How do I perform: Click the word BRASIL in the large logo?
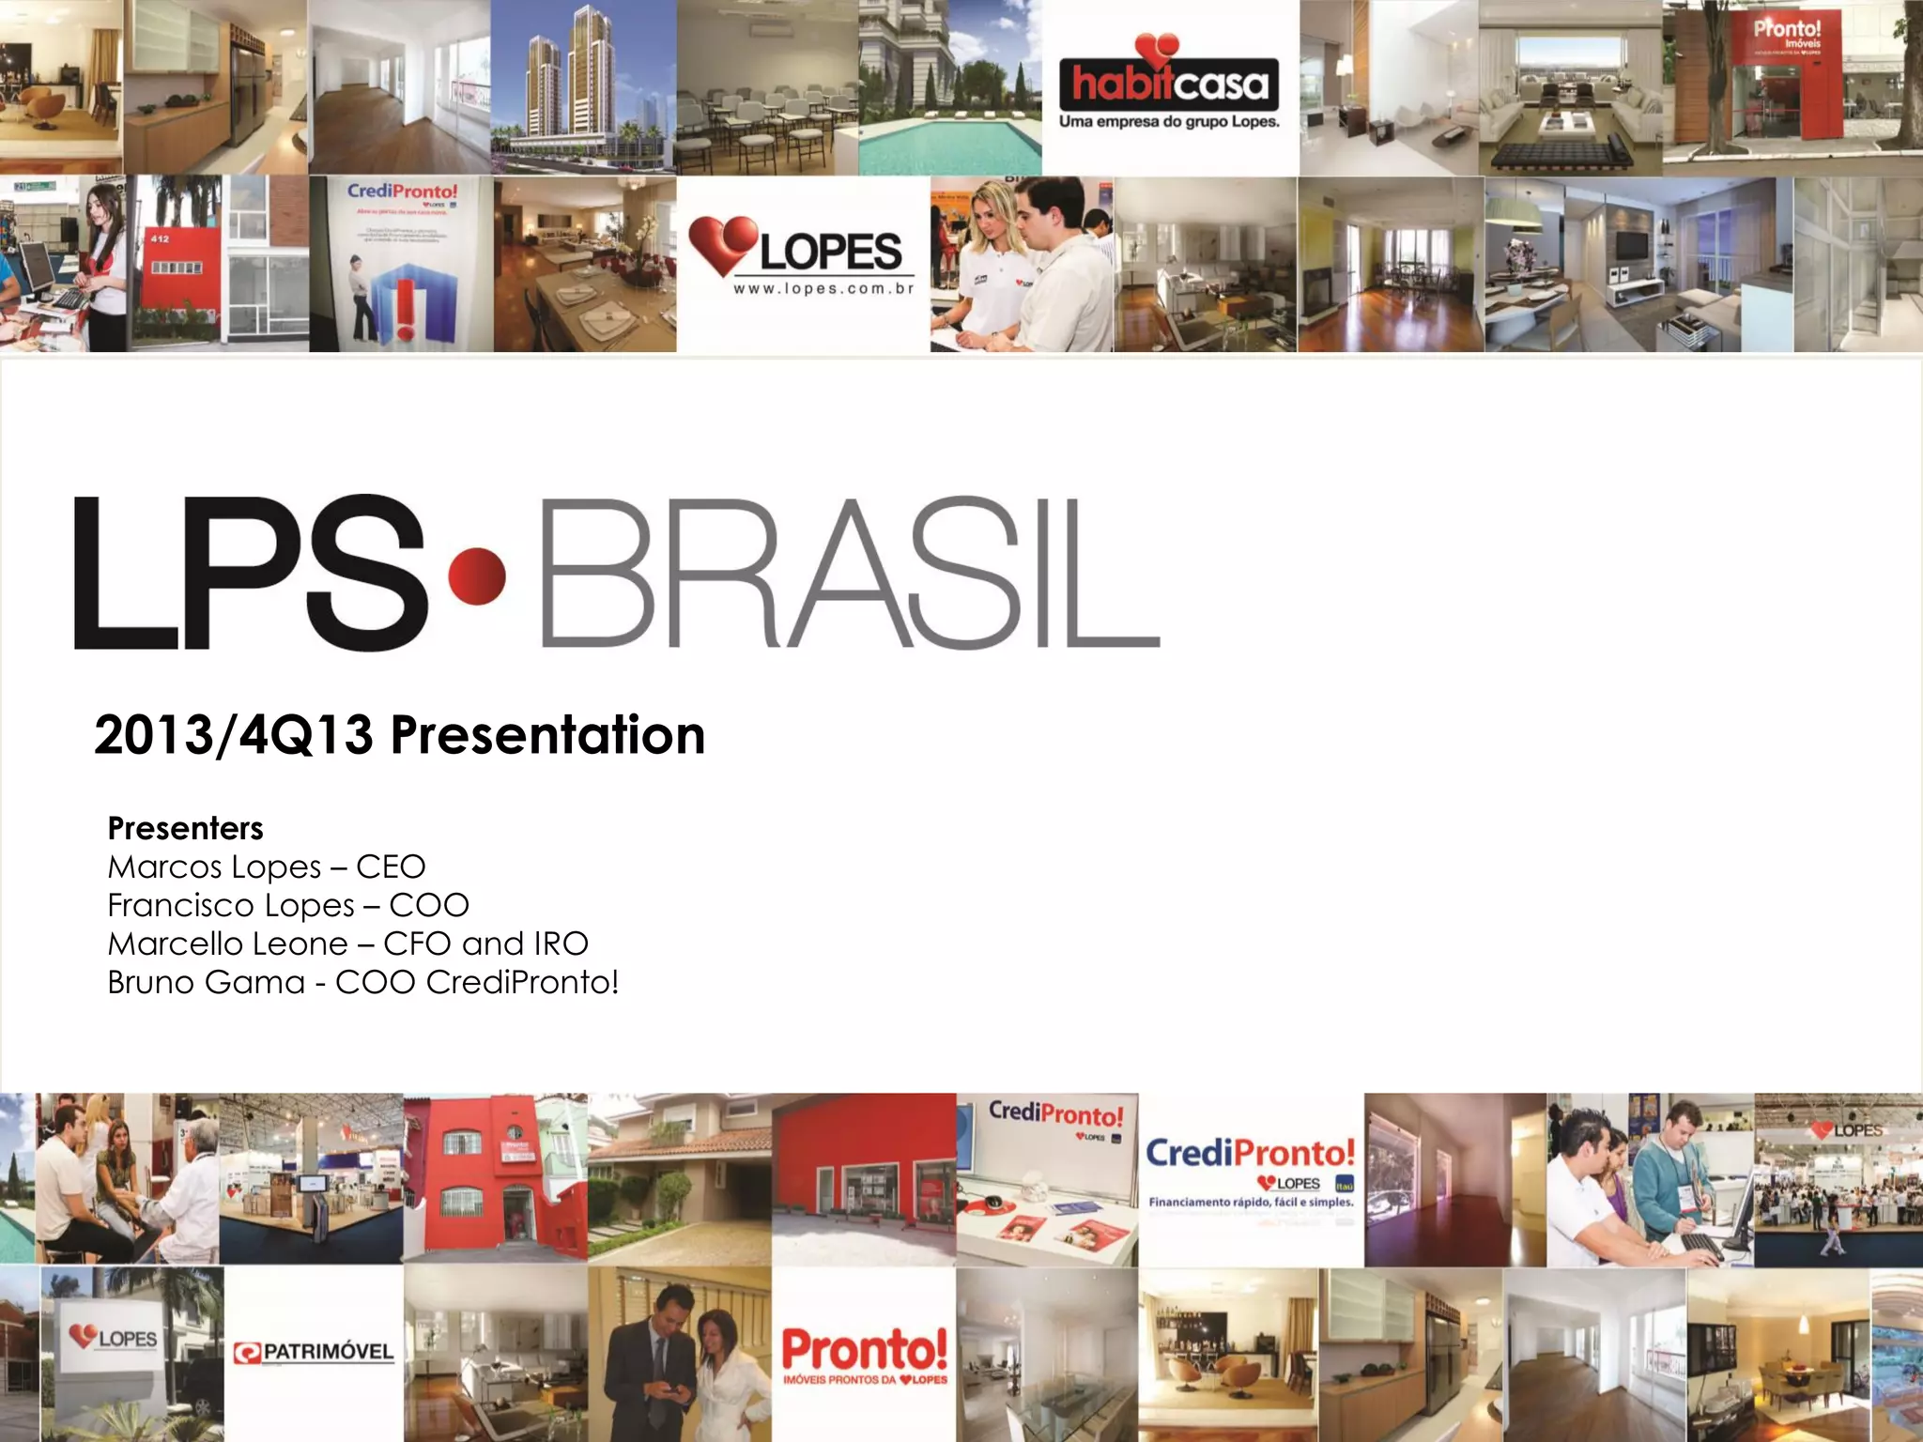coord(850,575)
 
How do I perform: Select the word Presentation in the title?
coord(547,735)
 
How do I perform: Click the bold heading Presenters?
coord(185,828)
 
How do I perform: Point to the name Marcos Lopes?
coord(215,867)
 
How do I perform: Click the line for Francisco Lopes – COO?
coord(287,905)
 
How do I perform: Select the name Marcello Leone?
coord(227,943)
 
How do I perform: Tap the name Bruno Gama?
coord(206,982)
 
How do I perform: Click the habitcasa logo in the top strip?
coord(1168,84)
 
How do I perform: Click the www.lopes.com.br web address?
coord(823,289)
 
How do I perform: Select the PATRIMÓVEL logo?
coord(314,1353)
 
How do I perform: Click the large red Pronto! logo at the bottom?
coord(865,1349)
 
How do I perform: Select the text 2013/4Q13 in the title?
coord(233,735)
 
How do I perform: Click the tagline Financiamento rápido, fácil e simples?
coord(1251,1202)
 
